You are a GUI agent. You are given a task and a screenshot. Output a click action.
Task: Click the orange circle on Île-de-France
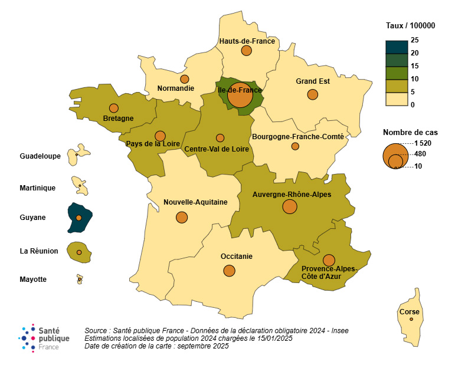click(240, 96)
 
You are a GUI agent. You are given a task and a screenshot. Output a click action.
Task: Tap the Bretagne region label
click(118, 118)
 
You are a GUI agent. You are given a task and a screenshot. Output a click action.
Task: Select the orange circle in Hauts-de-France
click(247, 51)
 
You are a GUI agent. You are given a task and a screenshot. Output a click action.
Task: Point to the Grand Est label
click(312, 82)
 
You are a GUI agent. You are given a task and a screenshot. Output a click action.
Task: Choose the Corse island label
click(410, 311)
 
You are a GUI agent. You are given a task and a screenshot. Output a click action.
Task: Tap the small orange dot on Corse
click(411, 320)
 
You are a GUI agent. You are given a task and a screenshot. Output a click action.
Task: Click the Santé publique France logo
click(44, 338)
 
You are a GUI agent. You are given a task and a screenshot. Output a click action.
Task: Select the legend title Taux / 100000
click(410, 25)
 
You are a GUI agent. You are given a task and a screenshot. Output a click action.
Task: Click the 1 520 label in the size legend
click(423, 143)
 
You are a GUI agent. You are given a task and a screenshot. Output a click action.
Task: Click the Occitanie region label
click(236, 257)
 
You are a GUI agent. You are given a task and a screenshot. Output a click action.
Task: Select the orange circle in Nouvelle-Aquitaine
click(182, 217)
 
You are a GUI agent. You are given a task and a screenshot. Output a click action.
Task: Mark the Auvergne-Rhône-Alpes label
click(292, 194)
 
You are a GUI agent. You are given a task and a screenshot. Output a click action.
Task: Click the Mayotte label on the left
click(33, 279)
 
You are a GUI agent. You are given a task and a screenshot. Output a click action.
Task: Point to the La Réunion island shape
click(78, 251)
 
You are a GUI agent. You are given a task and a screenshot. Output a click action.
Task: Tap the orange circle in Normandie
click(185, 79)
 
